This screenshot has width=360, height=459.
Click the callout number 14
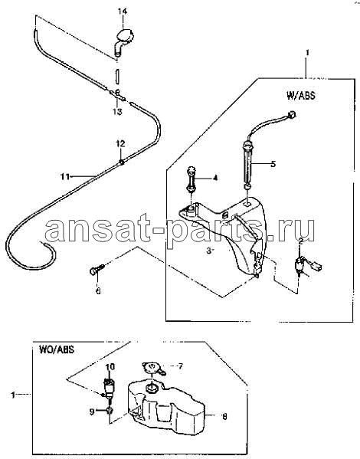123,11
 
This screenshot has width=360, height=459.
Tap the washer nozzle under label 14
123,41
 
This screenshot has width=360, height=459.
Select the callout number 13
117,112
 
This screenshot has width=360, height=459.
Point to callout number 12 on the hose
120,144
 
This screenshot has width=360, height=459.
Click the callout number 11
65,176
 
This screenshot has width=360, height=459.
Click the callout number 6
98,290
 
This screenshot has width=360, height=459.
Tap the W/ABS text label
301,96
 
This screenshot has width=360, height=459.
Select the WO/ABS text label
57,349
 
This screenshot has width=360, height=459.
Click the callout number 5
273,164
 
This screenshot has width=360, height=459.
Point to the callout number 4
215,178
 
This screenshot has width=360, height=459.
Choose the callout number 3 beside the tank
209,251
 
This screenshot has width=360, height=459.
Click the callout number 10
110,367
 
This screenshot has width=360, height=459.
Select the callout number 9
92,411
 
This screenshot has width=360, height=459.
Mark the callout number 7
180,366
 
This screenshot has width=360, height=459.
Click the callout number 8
224,416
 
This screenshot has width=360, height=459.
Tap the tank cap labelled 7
153,369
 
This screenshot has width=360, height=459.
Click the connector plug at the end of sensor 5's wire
292,114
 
